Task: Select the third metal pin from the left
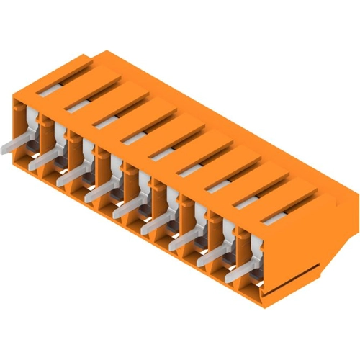click(x=71, y=177)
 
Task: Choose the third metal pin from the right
click(x=181, y=242)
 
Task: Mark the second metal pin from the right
click(x=210, y=258)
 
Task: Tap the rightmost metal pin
click(x=238, y=275)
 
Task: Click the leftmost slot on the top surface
click(x=52, y=88)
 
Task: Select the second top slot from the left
click(x=80, y=105)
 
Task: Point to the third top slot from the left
click(x=108, y=121)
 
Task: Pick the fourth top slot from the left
click(x=136, y=137)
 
